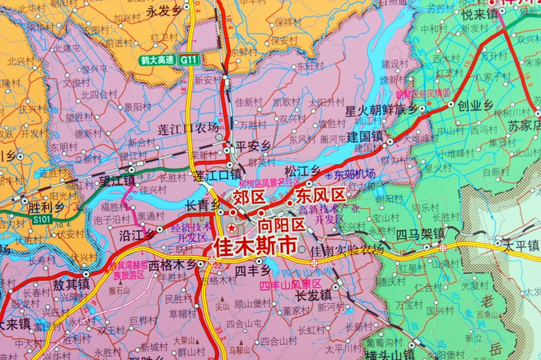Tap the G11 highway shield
point(188,60)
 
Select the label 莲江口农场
point(188,128)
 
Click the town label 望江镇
point(117,181)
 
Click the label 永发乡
point(162,11)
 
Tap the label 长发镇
point(313,296)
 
